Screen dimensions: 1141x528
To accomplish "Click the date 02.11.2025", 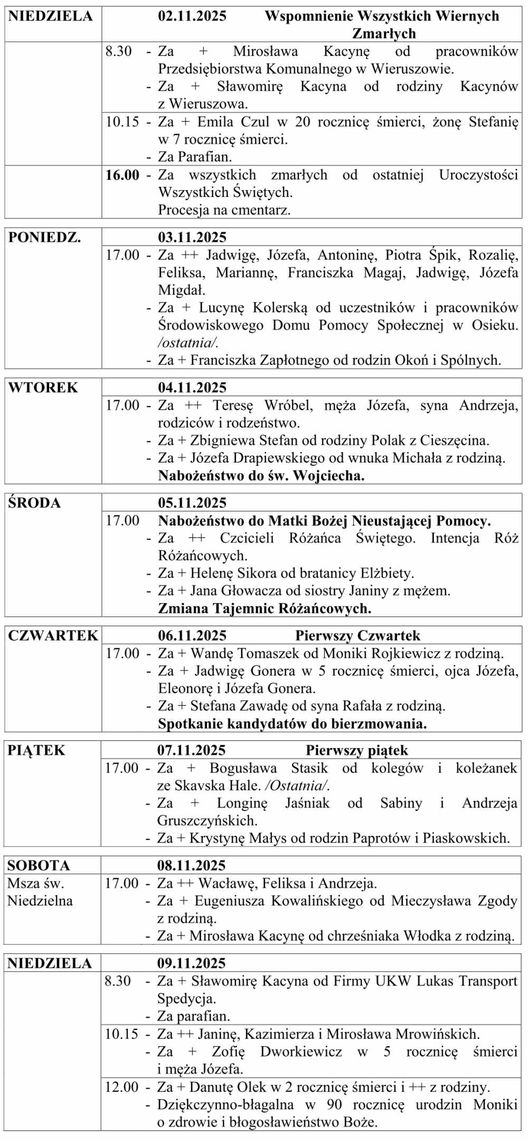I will [192, 16].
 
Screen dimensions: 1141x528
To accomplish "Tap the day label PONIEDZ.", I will [45, 237].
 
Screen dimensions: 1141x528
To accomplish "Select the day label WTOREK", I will [43, 388].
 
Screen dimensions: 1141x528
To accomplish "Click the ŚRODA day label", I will [34, 503].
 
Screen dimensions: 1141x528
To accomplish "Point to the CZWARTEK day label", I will [53, 635].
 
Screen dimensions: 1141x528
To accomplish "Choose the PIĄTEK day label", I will [36, 750].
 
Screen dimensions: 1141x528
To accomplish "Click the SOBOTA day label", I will [39, 865].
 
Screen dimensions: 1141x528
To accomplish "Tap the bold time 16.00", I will [122, 175].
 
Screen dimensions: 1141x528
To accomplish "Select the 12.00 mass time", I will [121, 1087].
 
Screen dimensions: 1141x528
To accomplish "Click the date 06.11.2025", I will [192, 635].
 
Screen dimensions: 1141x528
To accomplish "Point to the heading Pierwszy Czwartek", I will [357, 635].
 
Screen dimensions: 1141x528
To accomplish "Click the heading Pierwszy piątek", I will [357, 750].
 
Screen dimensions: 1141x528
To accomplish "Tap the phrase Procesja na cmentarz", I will [224, 210].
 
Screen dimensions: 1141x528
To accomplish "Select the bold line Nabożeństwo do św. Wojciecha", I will [261, 475].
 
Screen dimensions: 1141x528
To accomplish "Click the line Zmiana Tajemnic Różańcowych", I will [265, 608].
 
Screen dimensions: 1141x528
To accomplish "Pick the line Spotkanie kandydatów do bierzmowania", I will [293, 723].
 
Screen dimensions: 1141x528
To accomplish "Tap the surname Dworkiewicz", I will [301, 1052].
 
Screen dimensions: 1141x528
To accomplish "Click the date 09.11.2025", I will [191, 963].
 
